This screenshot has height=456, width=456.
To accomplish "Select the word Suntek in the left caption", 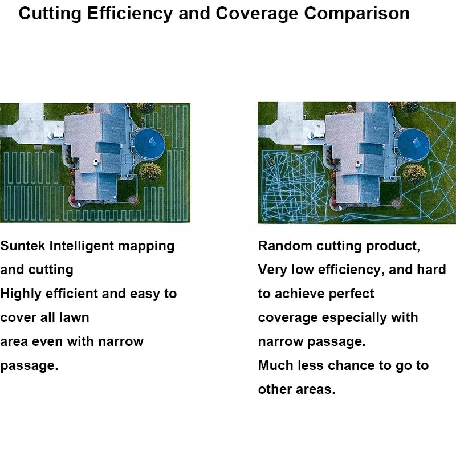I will pos(23,246).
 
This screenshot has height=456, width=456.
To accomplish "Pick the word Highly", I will pos(21,294).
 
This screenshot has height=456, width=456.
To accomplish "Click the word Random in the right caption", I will pos(284,246).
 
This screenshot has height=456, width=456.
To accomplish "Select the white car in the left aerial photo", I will pos(56,135).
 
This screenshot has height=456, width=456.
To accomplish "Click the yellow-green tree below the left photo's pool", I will pos(150,172).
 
